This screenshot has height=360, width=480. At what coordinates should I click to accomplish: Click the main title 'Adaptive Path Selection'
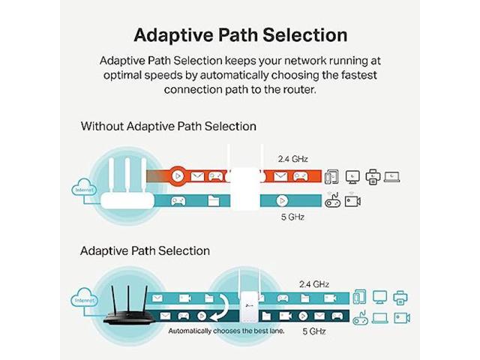click(240, 34)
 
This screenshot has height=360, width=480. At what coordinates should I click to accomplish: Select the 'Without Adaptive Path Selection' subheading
click(168, 127)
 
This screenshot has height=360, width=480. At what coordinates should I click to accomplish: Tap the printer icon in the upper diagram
click(372, 176)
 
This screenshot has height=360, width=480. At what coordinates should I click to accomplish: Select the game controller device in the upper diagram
click(332, 200)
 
